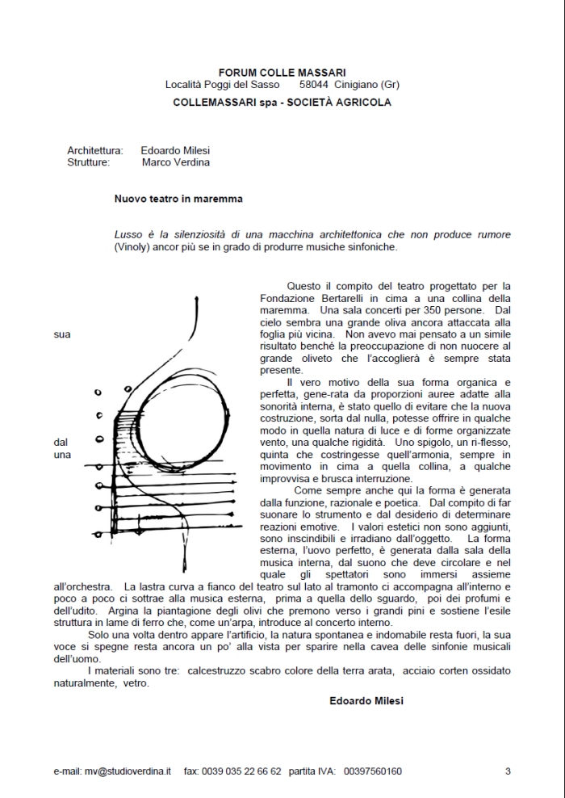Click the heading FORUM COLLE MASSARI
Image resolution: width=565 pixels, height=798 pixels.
pyautogui.click(x=282, y=73)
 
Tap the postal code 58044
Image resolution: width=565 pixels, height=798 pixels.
pyautogui.click(x=314, y=84)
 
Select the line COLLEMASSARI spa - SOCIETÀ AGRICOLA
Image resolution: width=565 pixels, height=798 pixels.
pyautogui.click(x=282, y=103)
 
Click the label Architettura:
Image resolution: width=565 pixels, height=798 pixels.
pyautogui.click(x=95, y=150)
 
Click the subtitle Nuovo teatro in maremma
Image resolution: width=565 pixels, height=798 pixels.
pyautogui.click(x=178, y=198)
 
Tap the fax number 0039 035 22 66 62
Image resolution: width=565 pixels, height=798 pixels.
pyautogui.click(x=245, y=771)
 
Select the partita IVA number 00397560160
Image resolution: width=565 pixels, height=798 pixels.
pyautogui.click(x=372, y=771)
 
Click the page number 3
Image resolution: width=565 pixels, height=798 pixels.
pyautogui.click(x=508, y=771)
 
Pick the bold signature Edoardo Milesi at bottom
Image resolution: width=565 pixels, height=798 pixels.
pyautogui.click(x=366, y=700)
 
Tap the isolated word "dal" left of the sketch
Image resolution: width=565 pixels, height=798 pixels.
pyautogui.click(x=61, y=443)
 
